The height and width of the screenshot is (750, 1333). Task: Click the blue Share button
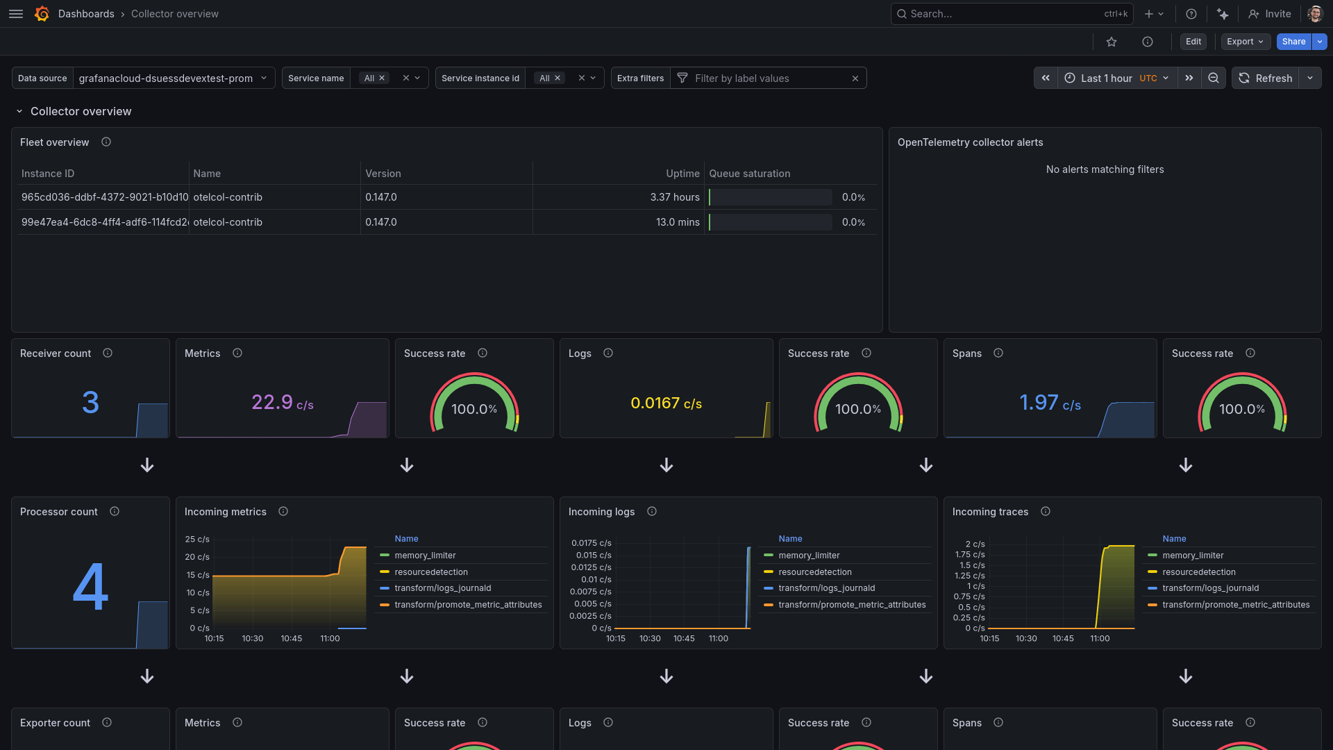(1293, 42)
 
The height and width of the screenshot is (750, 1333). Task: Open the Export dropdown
(1245, 42)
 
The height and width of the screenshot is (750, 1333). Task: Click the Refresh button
(1266, 78)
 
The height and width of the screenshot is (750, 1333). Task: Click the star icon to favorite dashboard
(1112, 42)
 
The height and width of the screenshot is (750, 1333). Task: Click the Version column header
(383, 174)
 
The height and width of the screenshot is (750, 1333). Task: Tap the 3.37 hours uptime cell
(674, 197)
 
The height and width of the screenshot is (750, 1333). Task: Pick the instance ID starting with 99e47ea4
(104, 222)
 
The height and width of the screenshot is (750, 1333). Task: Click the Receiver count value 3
(90, 402)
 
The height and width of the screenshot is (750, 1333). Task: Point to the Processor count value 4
(90, 587)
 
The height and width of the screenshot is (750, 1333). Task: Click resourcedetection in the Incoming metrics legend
(430, 572)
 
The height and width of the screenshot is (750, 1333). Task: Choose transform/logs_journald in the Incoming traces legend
(1210, 588)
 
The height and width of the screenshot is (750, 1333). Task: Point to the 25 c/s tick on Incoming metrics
(197, 540)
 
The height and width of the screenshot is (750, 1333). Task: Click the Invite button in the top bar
(1270, 14)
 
